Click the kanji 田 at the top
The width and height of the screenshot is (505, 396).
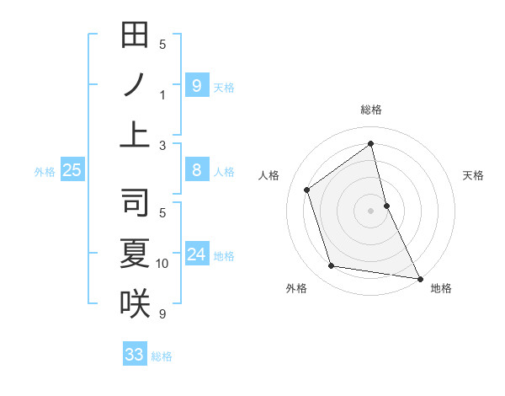pos(135,36)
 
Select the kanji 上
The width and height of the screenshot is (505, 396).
pos(135,134)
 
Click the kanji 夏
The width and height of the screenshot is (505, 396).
pos(135,254)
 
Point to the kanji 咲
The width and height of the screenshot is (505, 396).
pos(135,302)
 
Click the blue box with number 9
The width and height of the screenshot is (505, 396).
pos(196,85)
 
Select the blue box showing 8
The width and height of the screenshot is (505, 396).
pos(196,170)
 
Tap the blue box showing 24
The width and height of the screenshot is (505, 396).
pos(196,254)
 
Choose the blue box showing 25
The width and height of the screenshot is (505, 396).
pos(72,170)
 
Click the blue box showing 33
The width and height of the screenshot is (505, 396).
pos(135,355)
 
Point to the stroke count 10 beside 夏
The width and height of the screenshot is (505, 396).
pos(162,264)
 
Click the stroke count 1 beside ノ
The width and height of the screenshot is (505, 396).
pos(162,94)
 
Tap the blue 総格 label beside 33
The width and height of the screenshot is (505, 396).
pos(162,356)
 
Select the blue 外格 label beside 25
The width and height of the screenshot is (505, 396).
pos(45,172)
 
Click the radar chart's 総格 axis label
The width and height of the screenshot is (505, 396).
pos(371,110)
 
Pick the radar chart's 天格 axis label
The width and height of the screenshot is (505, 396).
pos(473,175)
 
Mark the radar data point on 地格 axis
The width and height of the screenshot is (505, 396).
pos(418,278)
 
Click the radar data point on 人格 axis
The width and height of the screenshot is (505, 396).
pos(307,190)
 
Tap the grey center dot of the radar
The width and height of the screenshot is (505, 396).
pos(370,211)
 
